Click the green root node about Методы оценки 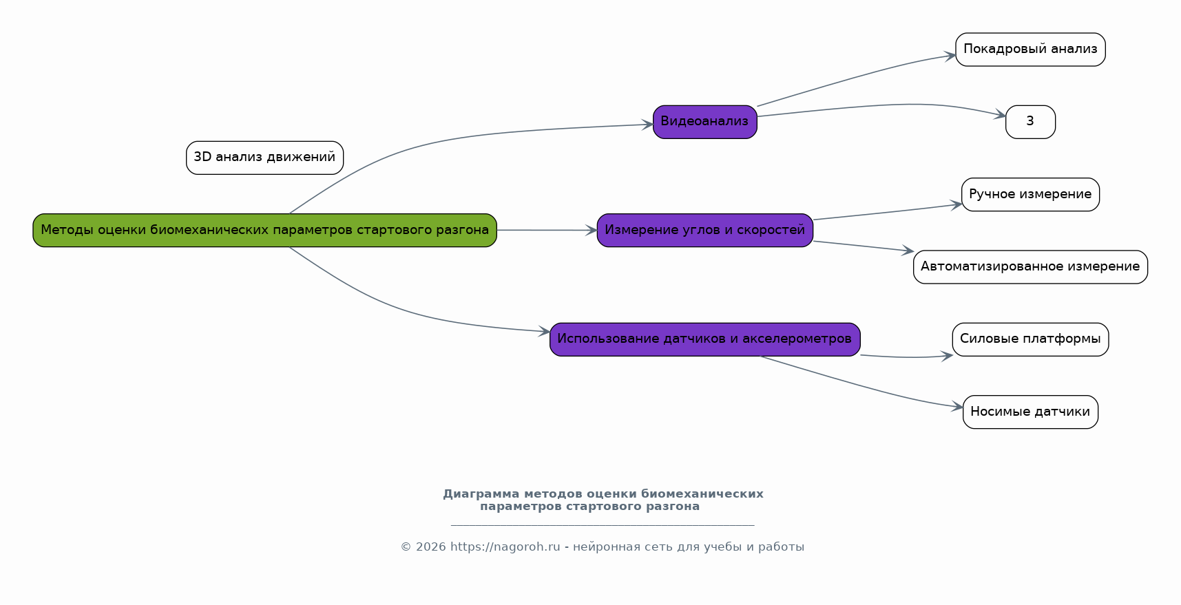tap(264, 230)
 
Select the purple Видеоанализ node tap(704, 122)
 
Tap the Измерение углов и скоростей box tap(704, 230)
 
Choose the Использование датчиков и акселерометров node tap(704, 339)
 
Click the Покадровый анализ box tap(1030, 49)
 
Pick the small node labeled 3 tap(1030, 122)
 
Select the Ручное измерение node tap(1030, 194)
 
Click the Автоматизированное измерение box tap(1030, 266)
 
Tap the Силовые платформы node tap(1030, 339)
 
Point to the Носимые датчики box tap(1030, 412)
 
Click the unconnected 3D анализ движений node tap(264, 158)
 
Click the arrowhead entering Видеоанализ tap(647, 125)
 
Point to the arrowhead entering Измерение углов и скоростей tap(592, 231)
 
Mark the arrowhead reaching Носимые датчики tap(957, 407)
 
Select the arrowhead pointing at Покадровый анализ tap(950, 56)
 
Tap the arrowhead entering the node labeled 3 tap(1000, 116)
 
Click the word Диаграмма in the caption tap(481, 494)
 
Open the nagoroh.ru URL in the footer tap(505, 547)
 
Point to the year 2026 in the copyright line tap(430, 547)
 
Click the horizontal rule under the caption tap(603, 525)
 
